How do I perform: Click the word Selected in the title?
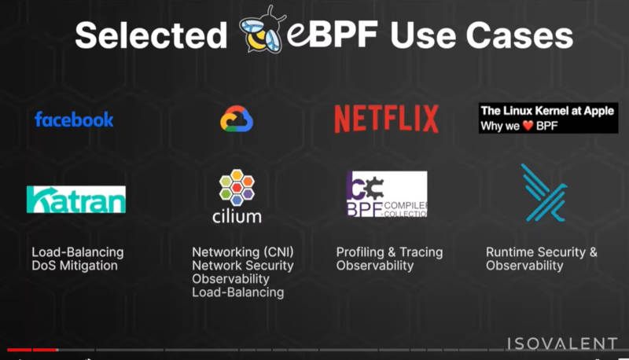point(151,35)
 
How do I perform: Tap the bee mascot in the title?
point(262,30)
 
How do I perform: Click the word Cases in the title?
point(519,35)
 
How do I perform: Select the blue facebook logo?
point(74,119)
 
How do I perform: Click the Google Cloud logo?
point(237,119)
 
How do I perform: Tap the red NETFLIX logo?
point(386,119)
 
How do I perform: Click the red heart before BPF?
point(528,126)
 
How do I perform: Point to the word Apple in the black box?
point(598,111)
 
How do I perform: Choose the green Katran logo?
point(76,199)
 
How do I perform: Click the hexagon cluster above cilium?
point(237,187)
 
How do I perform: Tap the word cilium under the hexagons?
point(237,216)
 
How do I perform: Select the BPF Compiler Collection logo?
point(387,194)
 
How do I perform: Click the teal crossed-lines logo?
point(544,193)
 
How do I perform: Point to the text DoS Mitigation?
point(75,266)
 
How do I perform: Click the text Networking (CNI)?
point(243,252)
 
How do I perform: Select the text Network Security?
point(243,266)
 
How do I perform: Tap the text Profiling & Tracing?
point(389,252)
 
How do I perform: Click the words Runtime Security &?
point(542,252)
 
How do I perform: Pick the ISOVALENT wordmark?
point(562,343)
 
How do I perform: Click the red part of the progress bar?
point(32,350)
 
